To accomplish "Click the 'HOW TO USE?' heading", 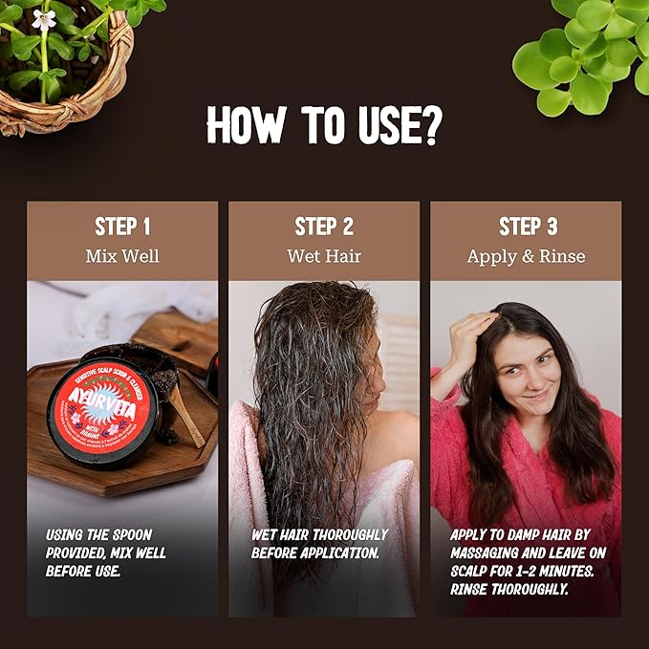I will point(324,124).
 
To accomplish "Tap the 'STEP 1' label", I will point(122,227).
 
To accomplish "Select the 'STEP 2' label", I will point(324,227).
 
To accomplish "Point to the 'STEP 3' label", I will point(528,227).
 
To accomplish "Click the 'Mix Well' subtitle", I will point(122,256).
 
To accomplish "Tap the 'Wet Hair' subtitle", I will point(324,256).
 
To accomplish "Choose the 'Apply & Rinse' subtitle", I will point(526,256).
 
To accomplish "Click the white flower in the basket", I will point(43,19).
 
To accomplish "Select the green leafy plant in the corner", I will point(583,48).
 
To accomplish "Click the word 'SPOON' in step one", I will point(131,534).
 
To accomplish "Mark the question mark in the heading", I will point(432,124).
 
